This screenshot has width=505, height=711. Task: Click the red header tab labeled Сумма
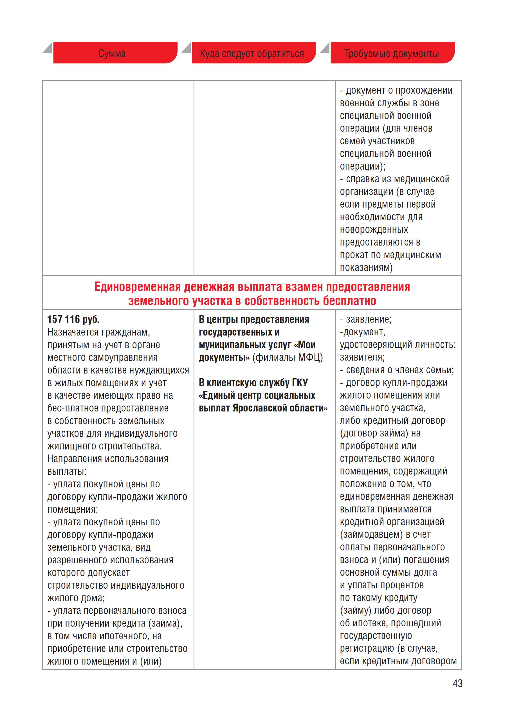pyautogui.click(x=112, y=53)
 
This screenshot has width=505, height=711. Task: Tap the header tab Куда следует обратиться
pyautogui.click(x=252, y=53)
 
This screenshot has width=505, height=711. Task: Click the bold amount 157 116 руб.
pyautogui.click(x=73, y=319)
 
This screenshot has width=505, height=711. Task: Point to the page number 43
pyautogui.click(x=457, y=683)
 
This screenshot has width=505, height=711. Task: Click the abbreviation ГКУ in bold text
pyautogui.click(x=300, y=383)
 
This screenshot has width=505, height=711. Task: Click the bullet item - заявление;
pyautogui.click(x=366, y=319)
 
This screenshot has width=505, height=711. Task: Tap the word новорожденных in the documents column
pyautogui.click(x=374, y=229)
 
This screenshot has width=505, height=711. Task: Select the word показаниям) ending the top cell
pyautogui.click(x=366, y=267)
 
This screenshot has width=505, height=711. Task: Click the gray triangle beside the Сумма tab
pyautogui.click(x=48, y=48)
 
